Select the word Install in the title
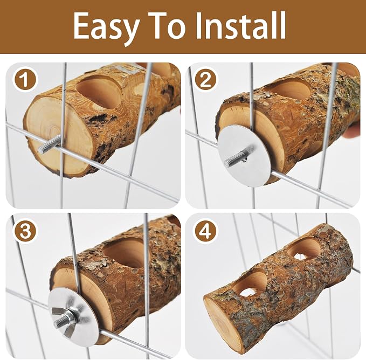click(x=240, y=25)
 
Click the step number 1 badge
click(x=25, y=80)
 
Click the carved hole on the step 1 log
click(x=100, y=93)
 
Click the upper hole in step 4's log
click(x=304, y=250)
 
